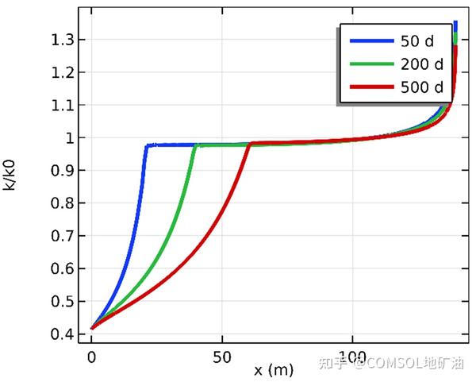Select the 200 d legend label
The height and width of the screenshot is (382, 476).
(x=423, y=63)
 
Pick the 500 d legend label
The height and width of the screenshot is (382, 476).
(x=423, y=87)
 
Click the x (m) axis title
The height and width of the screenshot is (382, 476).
(x=274, y=370)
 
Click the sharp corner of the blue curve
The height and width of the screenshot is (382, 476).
(x=146, y=145)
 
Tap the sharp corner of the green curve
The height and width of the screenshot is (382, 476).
(x=195, y=145)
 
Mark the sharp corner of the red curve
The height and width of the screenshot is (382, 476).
(x=251, y=144)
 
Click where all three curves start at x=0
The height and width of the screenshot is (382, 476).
(x=93, y=327)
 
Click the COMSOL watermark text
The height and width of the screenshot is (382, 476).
(x=397, y=365)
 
